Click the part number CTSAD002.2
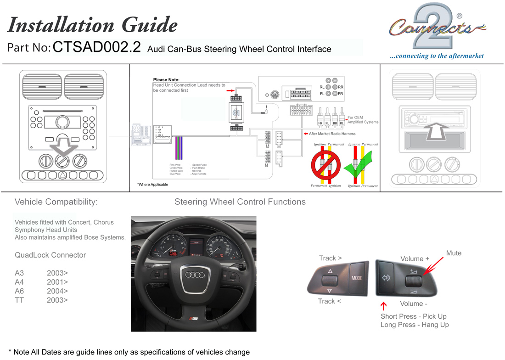tap(97, 47)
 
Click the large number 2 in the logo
tap(434, 28)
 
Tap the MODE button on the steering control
tap(357, 278)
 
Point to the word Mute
tap(454, 253)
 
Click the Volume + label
tap(415, 259)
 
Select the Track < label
tap(330, 301)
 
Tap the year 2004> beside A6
tap(57, 291)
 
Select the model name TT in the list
tap(19, 300)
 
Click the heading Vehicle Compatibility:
tap(56, 202)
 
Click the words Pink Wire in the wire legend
tap(175, 164)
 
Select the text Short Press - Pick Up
tap(413, 316)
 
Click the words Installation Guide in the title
tap(92, 25)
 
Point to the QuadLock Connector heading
tap(50, 255)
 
